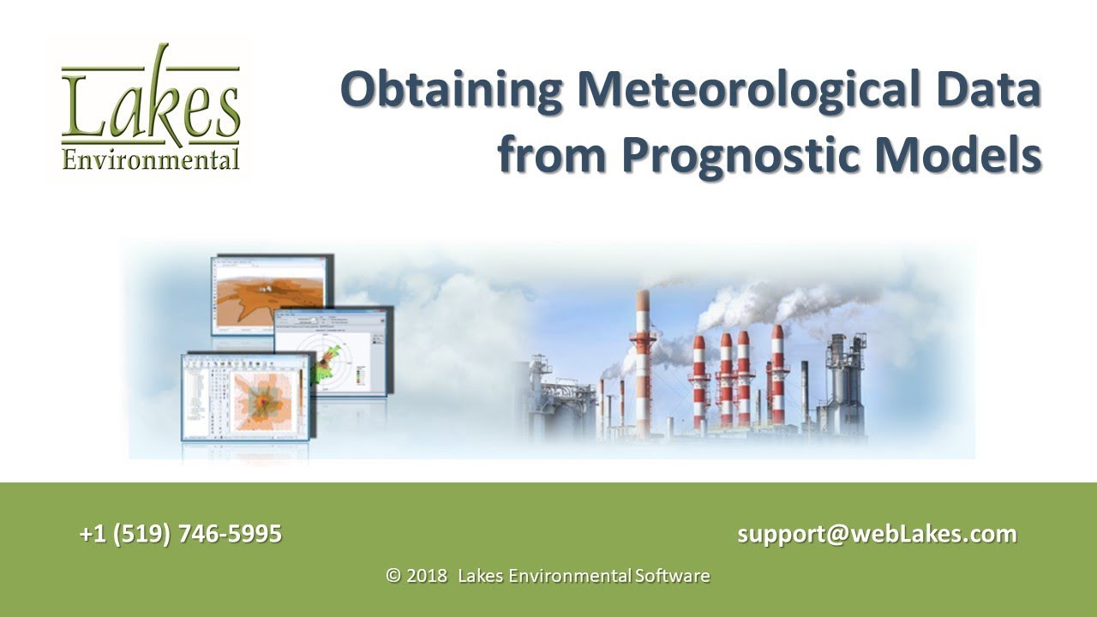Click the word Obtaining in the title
(452, 92)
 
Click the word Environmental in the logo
(151, 159)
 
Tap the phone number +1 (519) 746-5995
(181, 534)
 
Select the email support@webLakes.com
(877, 534)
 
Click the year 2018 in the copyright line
(427, 576)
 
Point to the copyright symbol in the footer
(394, 576)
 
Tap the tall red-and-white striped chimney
(642, 360)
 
